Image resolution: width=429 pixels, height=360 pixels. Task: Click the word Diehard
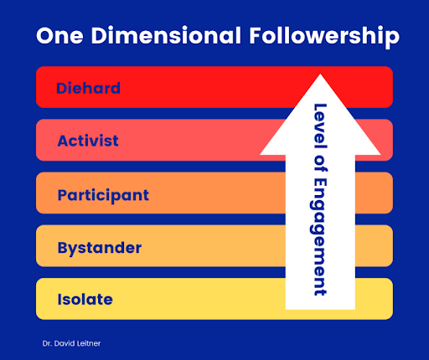(88, 88)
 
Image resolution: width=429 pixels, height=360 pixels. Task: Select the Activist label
(88, 141)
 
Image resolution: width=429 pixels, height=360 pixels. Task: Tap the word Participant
(103, 195)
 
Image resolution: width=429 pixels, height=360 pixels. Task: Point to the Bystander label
(100, 248)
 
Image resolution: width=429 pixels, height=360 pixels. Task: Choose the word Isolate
(85, 300)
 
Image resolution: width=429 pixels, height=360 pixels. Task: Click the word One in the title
(59, 36)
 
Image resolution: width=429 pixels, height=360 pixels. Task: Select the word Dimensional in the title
(166, 35)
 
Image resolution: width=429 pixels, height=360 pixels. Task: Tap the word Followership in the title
(324, 37)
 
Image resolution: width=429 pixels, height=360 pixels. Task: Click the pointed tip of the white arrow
(320, 75)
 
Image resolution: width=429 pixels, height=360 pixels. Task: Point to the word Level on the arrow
(320, 126)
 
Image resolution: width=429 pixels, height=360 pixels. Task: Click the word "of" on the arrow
(321, 163)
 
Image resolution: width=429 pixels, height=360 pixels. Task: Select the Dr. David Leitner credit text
(71, 343)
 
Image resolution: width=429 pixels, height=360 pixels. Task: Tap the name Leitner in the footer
(89, 343)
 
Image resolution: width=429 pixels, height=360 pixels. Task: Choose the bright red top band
(168, 87)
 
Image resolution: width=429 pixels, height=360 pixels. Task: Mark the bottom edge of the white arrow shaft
(320, 309)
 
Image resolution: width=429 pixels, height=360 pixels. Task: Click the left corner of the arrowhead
(261, 154)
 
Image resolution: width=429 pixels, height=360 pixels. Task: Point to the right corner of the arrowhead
(380, 154)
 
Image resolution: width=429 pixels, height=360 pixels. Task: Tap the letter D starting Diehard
(62, 88)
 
